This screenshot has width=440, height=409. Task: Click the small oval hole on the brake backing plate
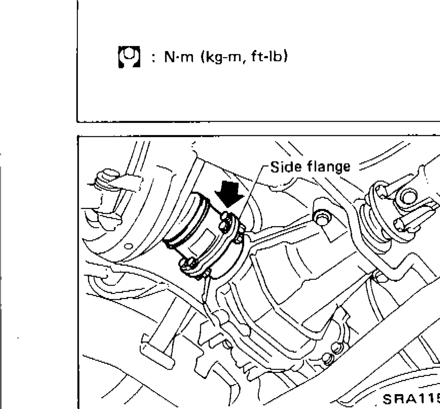click(x=128, y=247)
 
